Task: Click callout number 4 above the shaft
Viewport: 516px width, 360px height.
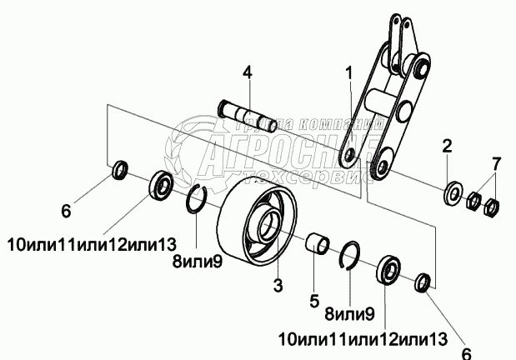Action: click(247, 72)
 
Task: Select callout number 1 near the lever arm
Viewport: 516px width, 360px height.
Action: click(350, 72)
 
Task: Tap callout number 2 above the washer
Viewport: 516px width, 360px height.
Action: click(447, 147)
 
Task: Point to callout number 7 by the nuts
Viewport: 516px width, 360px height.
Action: click(497, 161)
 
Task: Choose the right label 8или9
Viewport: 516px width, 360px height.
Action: click(349, 314)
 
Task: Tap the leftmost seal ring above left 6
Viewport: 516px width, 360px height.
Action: click(120, 172)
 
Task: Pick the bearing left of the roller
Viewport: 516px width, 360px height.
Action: click(160, 184)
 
